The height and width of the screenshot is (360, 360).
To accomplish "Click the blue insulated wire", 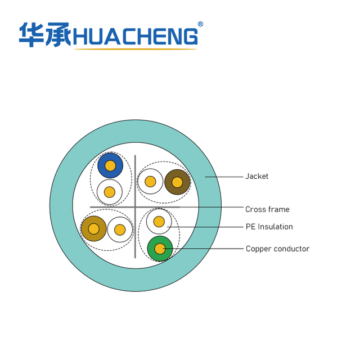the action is [x=110, y=165].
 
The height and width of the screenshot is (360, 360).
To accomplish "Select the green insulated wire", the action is [x=160, y=249].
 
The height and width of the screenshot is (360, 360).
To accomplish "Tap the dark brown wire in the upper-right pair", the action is [x=177, y=182].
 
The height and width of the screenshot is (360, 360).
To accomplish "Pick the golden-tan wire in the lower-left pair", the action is [x=94, y=229].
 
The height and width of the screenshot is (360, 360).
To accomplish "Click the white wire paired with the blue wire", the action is [x=110, y=192].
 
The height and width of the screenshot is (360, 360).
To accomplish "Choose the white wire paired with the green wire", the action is [x=159, y=222].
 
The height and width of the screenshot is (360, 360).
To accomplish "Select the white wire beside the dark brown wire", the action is [x=150, y=181].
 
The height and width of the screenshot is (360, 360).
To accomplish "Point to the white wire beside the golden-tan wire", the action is [x=120, y=229].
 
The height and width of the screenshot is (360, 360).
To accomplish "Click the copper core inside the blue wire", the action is [x=110, y=165].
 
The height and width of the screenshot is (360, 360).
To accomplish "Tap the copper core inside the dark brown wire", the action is [x=177, y=182].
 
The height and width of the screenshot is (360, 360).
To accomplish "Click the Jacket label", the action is [x=256, y=176].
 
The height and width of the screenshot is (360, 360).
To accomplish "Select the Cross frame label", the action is [x=267, y=209].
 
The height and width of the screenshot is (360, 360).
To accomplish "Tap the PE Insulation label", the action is [x=269, y=227].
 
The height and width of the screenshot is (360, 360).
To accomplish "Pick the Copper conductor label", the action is [x=277, y=249].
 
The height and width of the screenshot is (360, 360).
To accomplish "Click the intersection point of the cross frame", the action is [x=135, y=207].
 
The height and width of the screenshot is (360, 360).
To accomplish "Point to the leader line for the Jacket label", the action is [x=224, y=177].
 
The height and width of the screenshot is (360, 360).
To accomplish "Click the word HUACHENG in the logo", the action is [x=136, y=36].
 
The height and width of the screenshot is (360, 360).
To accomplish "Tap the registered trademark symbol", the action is [x=200, y=24].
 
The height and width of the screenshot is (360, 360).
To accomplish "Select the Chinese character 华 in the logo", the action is [x=31, y=35].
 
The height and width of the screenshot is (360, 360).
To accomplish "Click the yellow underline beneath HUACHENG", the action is [x=136, y=49].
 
